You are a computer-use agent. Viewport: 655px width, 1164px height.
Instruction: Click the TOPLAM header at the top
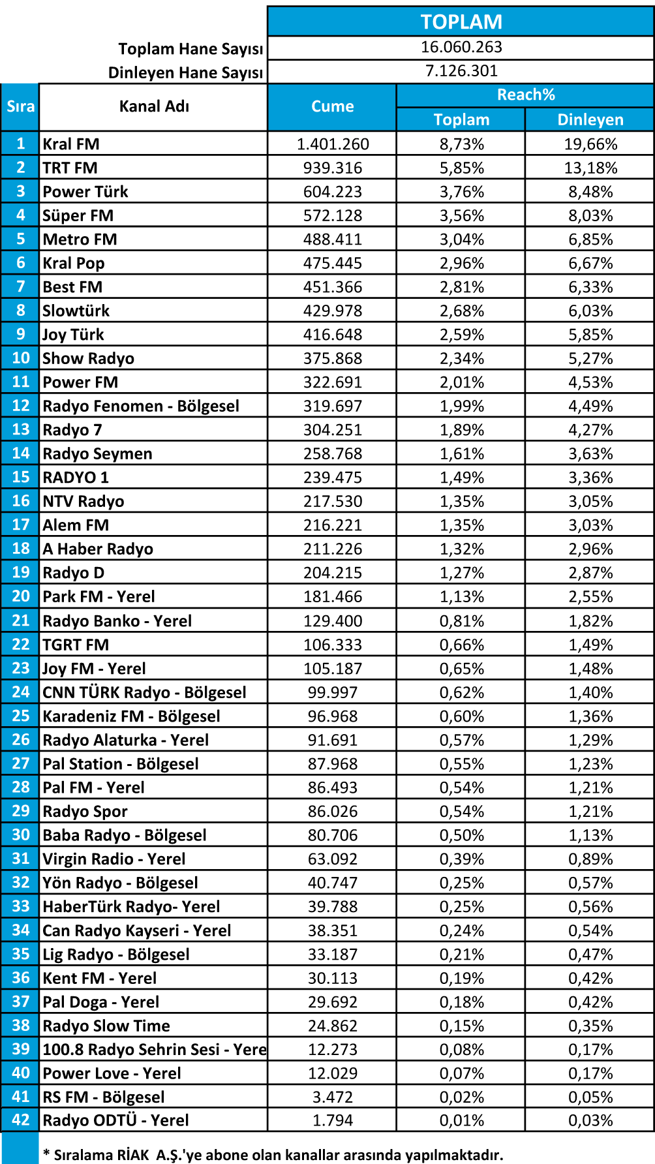(461, 22)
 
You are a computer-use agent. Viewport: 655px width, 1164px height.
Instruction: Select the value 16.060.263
(461, 47)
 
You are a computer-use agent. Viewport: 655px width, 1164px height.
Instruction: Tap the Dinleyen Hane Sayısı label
(185, 72)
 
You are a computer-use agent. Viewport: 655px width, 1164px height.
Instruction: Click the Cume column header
(332, 106)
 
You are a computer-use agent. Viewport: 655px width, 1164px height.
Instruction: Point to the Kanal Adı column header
(154, 106)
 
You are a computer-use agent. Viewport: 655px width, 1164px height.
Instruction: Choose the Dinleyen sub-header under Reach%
(590, 119)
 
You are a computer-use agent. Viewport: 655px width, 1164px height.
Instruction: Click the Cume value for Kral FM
(332, 144)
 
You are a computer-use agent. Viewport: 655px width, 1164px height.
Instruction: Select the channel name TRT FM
(70, 168)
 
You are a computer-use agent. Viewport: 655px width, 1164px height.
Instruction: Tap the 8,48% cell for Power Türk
(590, 192)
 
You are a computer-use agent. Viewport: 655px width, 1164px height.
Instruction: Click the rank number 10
(20, 358)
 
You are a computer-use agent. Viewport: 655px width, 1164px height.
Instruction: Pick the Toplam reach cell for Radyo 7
(461, 430)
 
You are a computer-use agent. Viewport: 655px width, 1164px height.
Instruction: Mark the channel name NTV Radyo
(83, 501)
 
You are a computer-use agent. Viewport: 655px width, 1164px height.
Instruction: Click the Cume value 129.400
(332, 620)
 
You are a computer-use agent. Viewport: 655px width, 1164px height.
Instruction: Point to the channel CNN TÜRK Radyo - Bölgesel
(144, 692)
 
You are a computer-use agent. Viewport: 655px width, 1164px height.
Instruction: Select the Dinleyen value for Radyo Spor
(590, 812)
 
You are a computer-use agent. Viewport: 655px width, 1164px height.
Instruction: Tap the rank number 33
(20, 906)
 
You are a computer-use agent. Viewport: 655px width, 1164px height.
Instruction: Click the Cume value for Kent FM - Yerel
(332, 978)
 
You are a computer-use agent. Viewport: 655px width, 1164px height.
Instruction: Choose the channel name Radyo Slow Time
(106, 1026)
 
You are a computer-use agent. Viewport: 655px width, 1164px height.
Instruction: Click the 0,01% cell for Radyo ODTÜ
(461, 1120)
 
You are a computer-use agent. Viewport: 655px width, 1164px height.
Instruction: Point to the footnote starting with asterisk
(273, 1154)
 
